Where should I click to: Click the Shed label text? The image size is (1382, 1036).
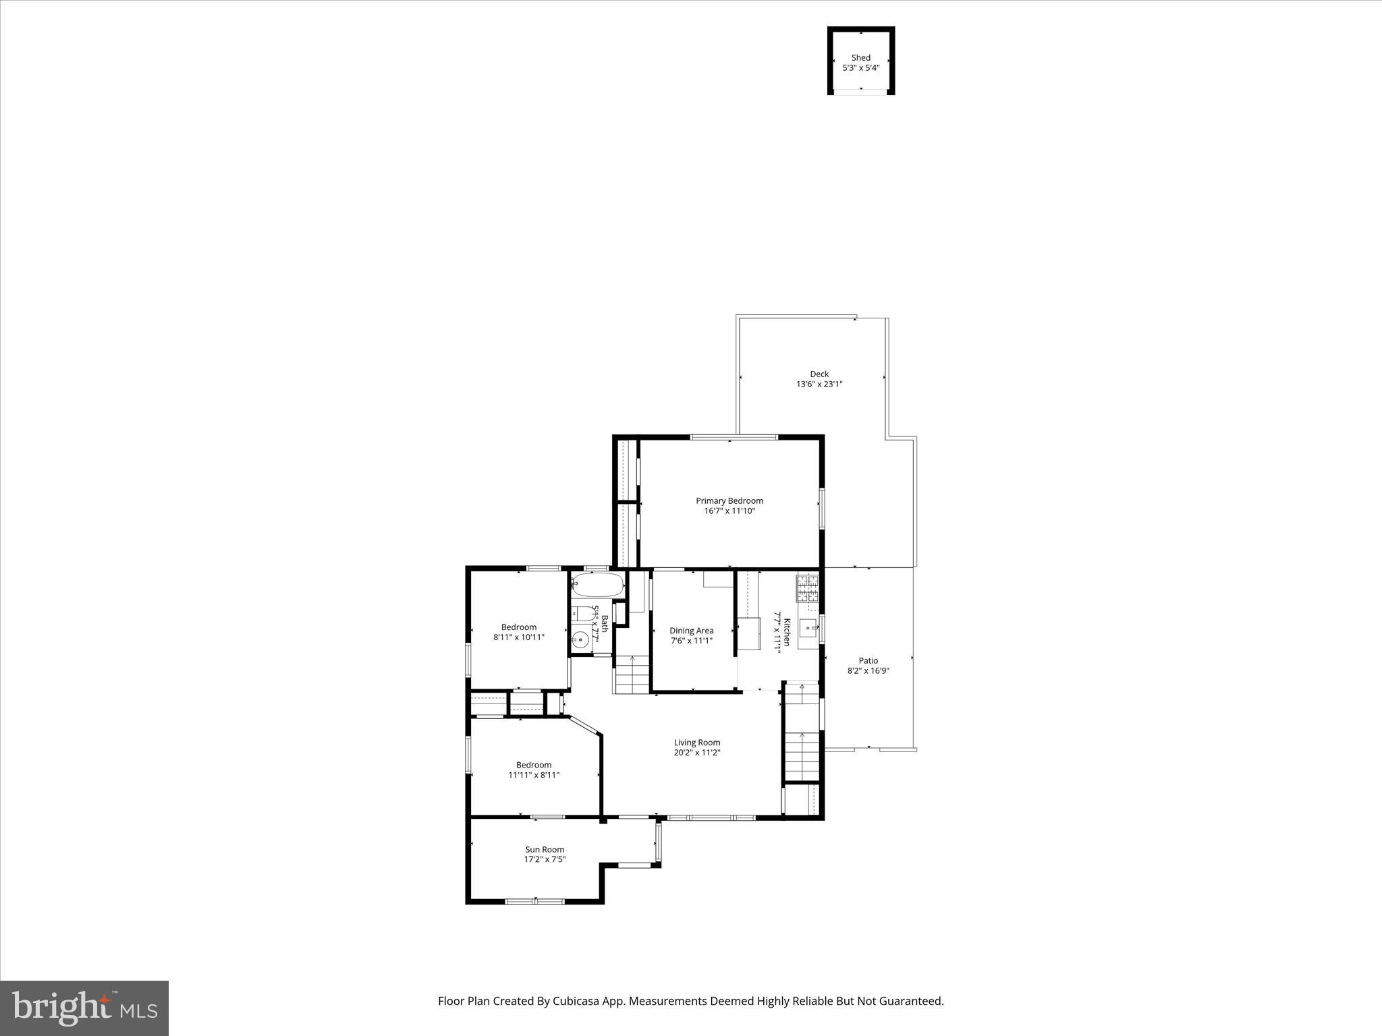(x=860, y=58)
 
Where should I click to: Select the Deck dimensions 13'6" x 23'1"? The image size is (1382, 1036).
(x=819, y=384)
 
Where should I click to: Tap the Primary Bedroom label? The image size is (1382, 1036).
(x=729, y=500)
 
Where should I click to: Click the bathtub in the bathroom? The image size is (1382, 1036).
(x=597, y=585)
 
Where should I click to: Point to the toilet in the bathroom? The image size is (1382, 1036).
(x=579, y=614)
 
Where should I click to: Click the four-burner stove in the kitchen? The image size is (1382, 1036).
(x=807, y=588)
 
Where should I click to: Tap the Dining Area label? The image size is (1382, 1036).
(x=691, y=631)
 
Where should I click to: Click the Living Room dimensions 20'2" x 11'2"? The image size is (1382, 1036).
(x=697, y=753)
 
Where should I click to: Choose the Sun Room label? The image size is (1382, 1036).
(x=545, y=850)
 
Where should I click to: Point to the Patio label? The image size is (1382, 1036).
(x=868, y=661)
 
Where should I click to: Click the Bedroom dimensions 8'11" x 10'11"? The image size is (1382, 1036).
(x=518, y=637)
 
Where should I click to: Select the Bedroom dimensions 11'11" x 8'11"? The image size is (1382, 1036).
(x=534, y=775)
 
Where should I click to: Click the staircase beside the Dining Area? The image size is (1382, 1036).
(x=632, y=674)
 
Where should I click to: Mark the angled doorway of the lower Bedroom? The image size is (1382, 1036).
(x=585, y=727)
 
